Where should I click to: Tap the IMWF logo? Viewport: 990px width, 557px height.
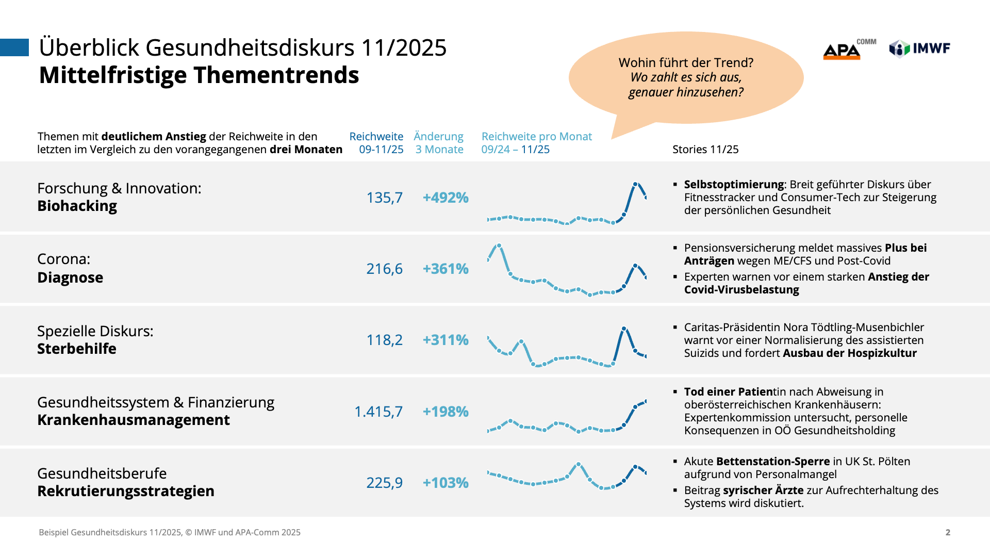tap(920, 48)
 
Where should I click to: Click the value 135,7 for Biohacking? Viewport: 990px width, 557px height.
tap(384, 198)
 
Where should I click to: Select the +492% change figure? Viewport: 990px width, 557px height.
tap(445, 198)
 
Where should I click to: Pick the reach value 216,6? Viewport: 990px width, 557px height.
tap(384, 269)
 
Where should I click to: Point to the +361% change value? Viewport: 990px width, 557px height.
tap(445, 269)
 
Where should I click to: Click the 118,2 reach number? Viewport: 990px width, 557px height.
tap(384, 340)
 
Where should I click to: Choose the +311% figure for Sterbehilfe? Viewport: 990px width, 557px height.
tap(445, 340)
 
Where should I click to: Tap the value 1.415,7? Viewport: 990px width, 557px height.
tap(378, 412)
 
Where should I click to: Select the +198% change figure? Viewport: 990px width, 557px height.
tap(445, 412)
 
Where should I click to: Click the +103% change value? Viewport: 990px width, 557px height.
tap(445, 483)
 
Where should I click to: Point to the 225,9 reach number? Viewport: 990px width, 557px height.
tap(384, 483)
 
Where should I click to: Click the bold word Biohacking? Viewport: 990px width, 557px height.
tap(77, 206)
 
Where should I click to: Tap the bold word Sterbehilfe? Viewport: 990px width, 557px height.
tap(77, 349)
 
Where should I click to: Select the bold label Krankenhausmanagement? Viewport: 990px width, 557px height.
tap(134, 420)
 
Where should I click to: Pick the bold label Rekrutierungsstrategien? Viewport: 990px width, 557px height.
tap(126, 491)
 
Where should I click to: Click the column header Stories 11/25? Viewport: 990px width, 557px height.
tap(705, 150)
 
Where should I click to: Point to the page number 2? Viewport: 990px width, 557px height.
tap(948, 532)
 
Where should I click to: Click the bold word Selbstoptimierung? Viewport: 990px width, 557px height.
tap(734, 185)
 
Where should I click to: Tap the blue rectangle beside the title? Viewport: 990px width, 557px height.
tap(14, 47)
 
